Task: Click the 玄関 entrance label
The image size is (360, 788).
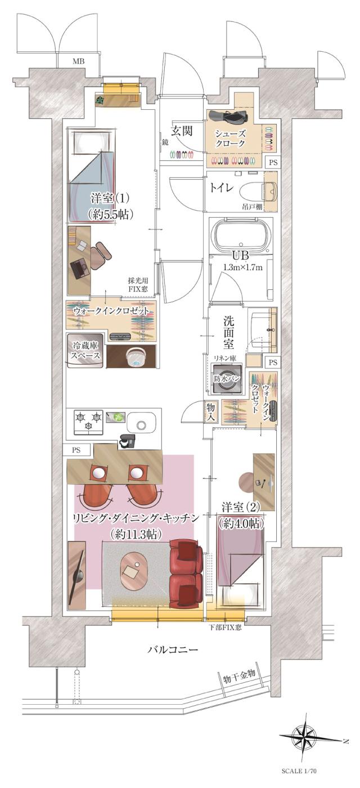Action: (182, 132)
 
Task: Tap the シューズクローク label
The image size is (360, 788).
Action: (231, 138)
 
